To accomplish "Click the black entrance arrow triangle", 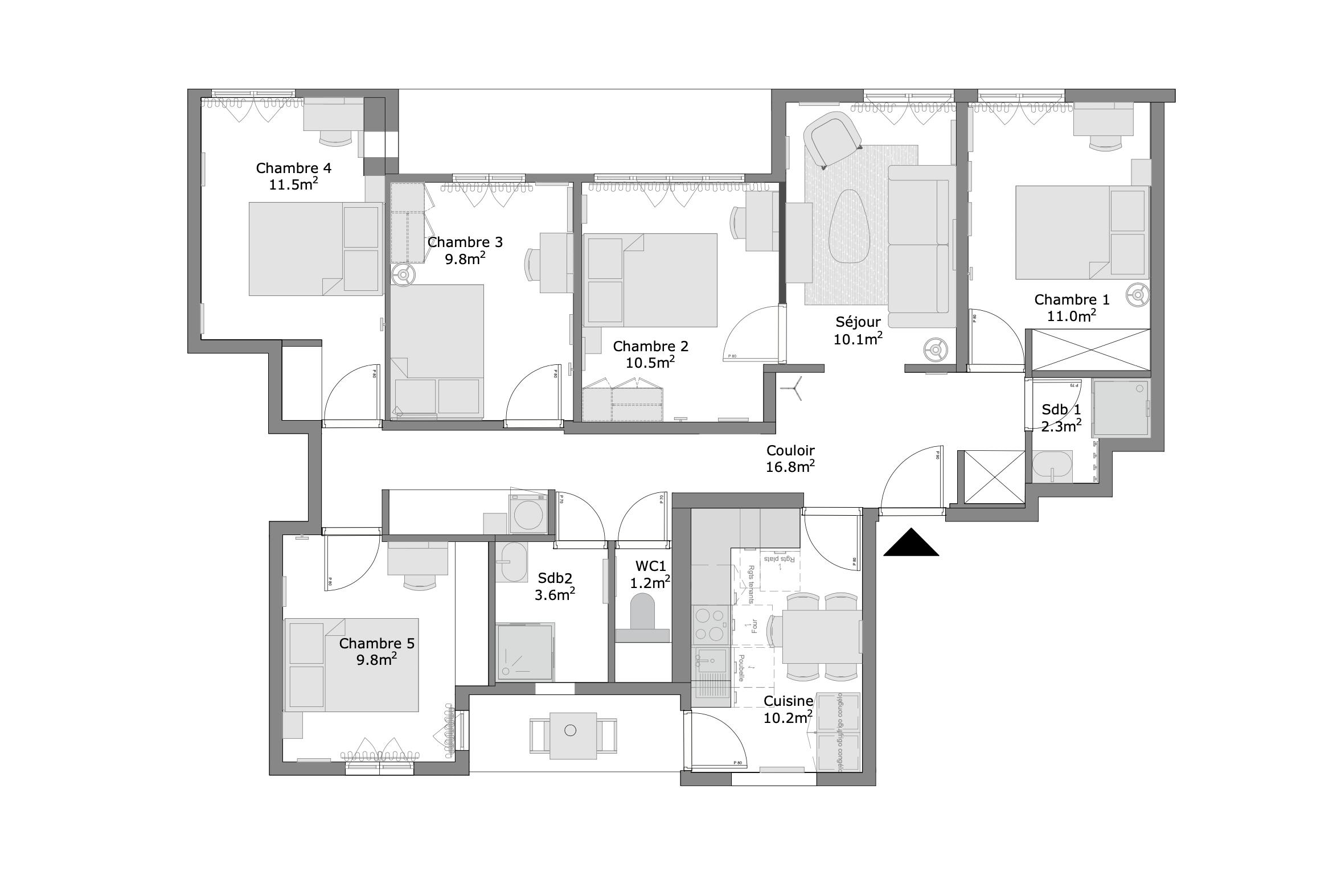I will (911, 544).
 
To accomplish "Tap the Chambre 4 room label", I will (293, 168).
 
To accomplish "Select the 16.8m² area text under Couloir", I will (790, 467).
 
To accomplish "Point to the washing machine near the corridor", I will (528, 515).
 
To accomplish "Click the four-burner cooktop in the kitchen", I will (710, 624).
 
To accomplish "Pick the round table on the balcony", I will (571, 731).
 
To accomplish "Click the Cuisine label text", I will (788, 701).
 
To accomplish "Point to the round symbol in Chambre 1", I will (1137, 295).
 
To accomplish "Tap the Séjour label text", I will (858, 322).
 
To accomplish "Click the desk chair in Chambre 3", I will (530, 265).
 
